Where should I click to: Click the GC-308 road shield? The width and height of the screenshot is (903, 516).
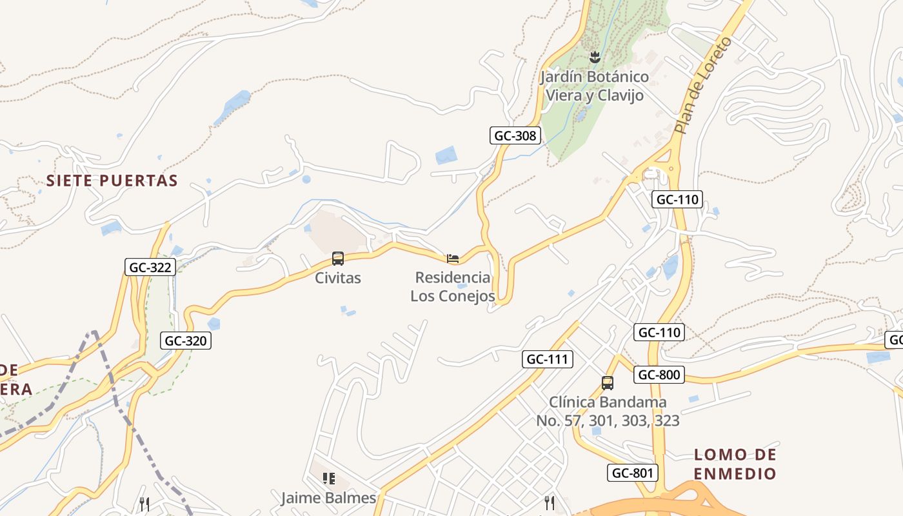pos(514,135)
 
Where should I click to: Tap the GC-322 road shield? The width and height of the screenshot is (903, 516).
pos(150,267)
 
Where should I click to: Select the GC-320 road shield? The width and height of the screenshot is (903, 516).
pos(186,341)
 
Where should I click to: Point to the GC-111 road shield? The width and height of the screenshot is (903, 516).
pos(548,359)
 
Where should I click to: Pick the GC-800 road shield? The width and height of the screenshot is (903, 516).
pos(659,375)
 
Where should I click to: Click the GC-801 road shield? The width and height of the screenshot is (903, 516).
pos(633,473)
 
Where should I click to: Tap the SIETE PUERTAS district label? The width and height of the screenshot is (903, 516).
pos(112,181)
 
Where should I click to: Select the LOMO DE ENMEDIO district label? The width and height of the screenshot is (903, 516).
pos(735,464)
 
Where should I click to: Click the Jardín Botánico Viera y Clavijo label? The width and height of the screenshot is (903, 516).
pos(595,86)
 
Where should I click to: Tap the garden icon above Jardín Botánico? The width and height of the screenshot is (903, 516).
pos(595,57)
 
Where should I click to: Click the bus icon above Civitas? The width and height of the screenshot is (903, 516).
pos(338,259)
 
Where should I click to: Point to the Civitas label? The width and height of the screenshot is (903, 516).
pos(338,278)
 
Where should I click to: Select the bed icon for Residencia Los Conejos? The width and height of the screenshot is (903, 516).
pos(453,259)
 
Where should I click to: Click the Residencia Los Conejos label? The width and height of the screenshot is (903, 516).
pos(453,287)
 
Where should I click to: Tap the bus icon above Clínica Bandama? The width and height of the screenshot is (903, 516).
pos(608,382)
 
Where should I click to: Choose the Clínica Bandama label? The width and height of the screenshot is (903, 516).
pos(608,402)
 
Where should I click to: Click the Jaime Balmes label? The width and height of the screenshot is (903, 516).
pos(328,498)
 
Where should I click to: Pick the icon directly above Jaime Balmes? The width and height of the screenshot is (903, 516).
pos(329,479)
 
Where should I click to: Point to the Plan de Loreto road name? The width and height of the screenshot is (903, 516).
pos(704,85)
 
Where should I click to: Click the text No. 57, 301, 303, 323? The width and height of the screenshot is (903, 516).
pos(608,421)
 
